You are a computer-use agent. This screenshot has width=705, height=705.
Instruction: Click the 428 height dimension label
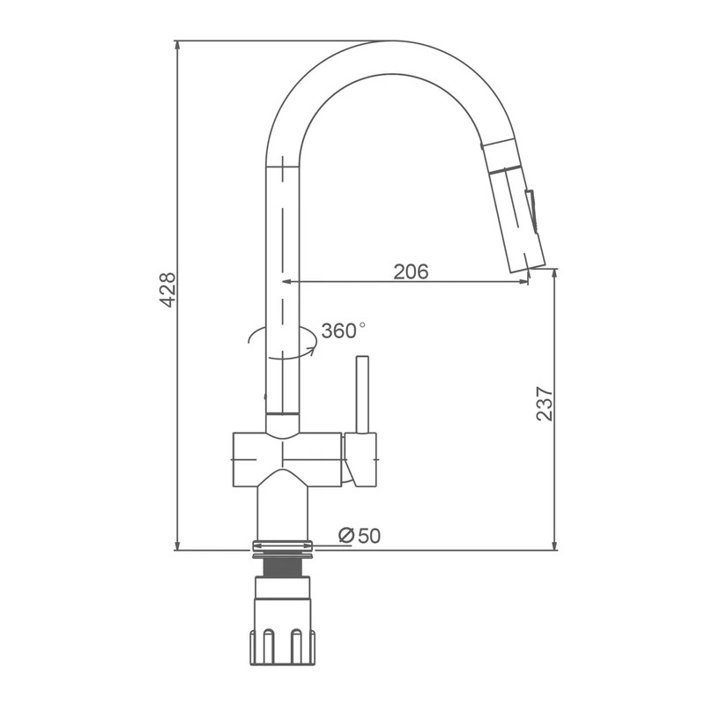(x=167, y=290)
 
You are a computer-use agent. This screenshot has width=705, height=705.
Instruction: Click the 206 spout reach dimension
(x=411, y=271)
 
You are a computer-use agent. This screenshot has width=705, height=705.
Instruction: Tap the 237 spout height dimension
(x=545, y=404)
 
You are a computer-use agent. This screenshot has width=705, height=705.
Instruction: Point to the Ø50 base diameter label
(x=360, y=536)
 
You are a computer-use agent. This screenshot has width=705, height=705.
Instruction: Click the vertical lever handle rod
(x=362, y=395)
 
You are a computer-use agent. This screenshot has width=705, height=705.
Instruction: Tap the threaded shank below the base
(x=282, y=568)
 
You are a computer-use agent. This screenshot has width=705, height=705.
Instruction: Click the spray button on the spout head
(x=531, y=211)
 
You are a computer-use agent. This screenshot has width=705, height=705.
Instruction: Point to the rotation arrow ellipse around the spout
(x=282, y=343)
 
